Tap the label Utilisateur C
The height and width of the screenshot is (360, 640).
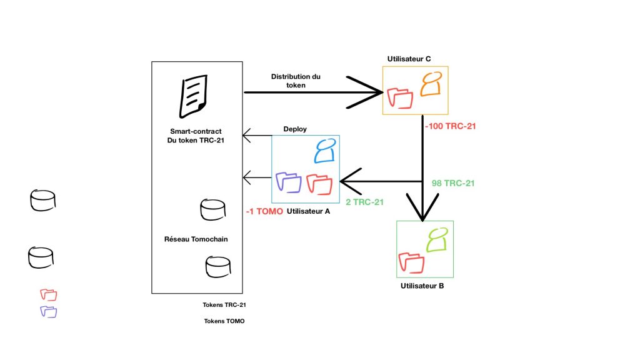409,59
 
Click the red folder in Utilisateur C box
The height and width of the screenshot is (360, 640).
401,98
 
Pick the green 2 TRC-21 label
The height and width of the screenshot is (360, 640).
364,202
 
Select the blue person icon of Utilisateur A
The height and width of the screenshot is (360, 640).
324,152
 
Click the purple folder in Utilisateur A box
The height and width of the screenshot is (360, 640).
289,181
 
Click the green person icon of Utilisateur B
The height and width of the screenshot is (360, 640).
437,239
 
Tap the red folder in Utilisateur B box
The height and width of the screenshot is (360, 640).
411,262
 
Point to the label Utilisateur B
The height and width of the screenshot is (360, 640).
422,286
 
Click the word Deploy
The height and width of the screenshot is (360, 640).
295,129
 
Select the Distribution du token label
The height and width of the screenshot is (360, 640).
296,81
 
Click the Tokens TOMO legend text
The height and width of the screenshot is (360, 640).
224,321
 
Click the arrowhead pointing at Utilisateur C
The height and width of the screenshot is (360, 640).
372,93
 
